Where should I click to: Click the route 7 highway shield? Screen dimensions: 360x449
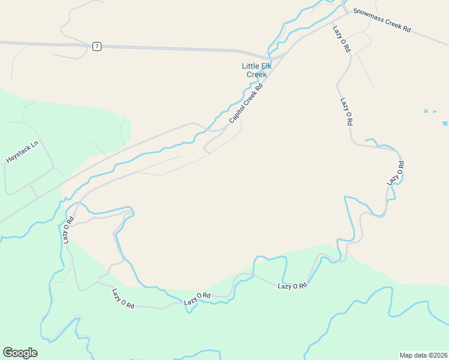97,46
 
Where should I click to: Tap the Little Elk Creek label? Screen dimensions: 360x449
256,70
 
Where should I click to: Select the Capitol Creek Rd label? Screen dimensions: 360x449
246,103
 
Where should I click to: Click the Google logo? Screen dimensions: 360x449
20,353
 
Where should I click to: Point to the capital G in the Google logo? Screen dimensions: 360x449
7,353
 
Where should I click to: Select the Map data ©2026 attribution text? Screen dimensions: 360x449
423,355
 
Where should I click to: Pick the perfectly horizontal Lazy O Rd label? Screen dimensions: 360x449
292,286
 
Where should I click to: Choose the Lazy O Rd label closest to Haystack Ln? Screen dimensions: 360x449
67,229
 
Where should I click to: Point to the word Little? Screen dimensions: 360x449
252,66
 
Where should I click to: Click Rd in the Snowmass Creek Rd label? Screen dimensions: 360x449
406,28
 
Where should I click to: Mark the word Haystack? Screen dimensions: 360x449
18,156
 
